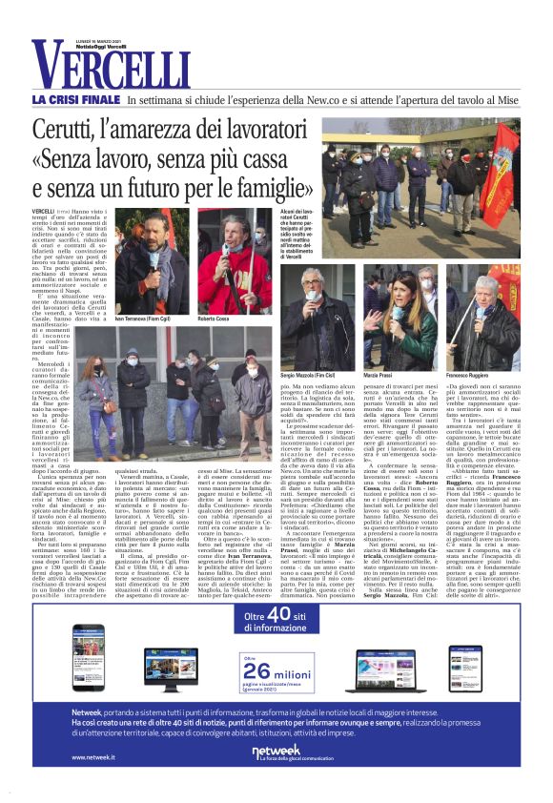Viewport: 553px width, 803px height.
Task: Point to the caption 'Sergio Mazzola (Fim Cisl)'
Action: click(x=327, y=376)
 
